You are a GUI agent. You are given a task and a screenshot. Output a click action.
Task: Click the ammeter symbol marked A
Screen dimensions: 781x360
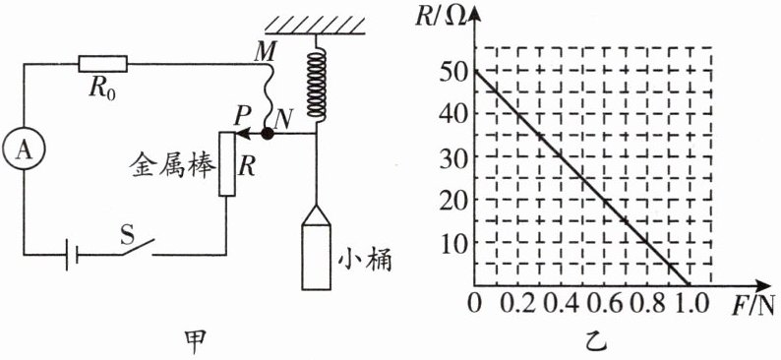point(24,150)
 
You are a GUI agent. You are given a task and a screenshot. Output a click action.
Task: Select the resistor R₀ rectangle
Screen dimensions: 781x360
point(102,64)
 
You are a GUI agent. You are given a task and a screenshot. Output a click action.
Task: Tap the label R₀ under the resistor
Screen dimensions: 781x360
point(103,90)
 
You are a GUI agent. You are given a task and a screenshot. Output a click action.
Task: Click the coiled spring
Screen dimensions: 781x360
point(316,86)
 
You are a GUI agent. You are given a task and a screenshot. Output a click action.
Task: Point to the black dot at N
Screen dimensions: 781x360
point(268,134)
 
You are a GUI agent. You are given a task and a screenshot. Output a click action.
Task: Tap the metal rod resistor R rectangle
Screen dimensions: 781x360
point(226,163)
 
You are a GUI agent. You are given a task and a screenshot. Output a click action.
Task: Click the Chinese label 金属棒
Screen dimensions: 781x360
point(173,167)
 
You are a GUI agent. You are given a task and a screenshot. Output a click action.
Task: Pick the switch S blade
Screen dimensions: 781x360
point(137,247)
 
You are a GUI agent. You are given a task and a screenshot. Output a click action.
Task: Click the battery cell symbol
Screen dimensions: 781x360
point(72,255)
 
